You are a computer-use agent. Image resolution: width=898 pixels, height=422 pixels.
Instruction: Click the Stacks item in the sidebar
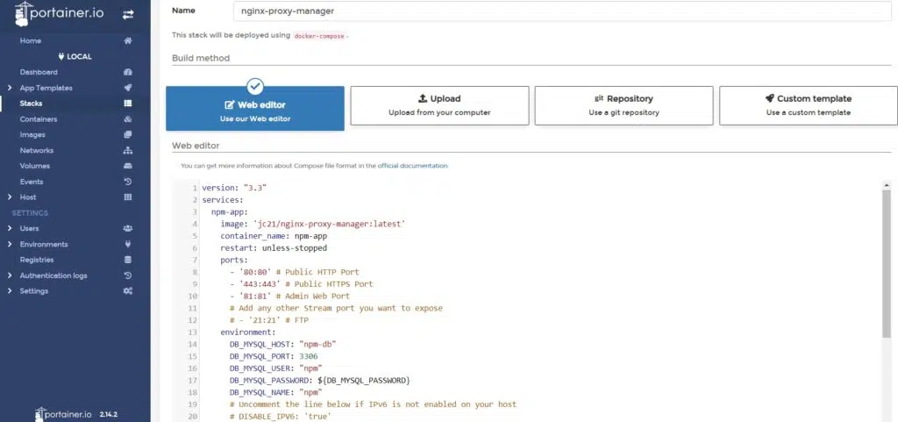point(31,104)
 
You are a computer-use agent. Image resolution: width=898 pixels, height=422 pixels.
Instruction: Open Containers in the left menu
point(39,119)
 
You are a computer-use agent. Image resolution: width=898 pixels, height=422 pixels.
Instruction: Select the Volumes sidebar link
point(35,166)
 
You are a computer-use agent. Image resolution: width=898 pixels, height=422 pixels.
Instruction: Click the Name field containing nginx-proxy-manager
point(562,11)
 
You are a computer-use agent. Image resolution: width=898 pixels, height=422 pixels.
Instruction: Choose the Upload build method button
point(440,105)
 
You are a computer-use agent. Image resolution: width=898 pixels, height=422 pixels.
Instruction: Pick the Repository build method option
point(624,105)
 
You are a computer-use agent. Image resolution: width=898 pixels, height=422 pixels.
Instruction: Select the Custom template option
point(808,105)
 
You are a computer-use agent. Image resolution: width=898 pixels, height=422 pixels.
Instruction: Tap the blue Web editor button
point(255,109)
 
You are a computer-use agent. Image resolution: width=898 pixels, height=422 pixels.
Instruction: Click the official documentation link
point(412,166)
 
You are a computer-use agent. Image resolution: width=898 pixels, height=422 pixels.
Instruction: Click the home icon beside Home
point(128,41)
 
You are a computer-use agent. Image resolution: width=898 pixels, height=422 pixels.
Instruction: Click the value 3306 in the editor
point(309,356)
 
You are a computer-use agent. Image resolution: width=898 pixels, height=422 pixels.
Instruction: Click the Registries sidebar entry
point(37,260)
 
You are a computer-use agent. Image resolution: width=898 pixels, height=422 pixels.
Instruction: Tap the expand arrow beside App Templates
point(10,89)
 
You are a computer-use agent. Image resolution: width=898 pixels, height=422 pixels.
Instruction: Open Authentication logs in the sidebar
point(53,275)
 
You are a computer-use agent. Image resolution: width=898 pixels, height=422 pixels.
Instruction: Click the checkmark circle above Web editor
point(255,87)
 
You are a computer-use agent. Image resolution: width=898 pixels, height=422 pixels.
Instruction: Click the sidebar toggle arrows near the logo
point(128,15)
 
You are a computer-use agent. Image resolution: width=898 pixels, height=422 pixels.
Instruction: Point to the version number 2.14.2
point(108,413)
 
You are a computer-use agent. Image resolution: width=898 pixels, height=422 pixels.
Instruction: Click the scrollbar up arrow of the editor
point(887,185)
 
